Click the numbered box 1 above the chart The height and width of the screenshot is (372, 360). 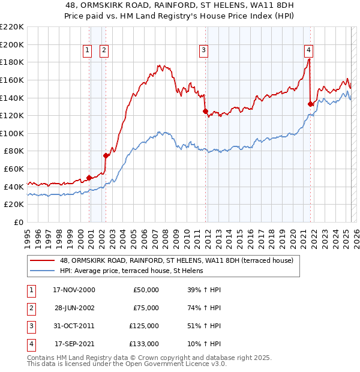pyautogui.click(x=88, y=51)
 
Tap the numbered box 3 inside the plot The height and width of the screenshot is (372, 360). pyautogui.click(x=204, y=51)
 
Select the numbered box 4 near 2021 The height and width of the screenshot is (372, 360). pyautogui.click(x=308, y=51)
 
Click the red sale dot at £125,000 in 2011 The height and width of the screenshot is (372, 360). pyautogui.click(x=205, y=111)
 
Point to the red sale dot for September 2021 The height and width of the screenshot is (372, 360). pyautogui.click(x=310, y=104)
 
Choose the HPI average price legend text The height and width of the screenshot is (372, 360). pyautogui.click(x=131, y=271)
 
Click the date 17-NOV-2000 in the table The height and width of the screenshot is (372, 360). pyautogui.click(x=74, y=290)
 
